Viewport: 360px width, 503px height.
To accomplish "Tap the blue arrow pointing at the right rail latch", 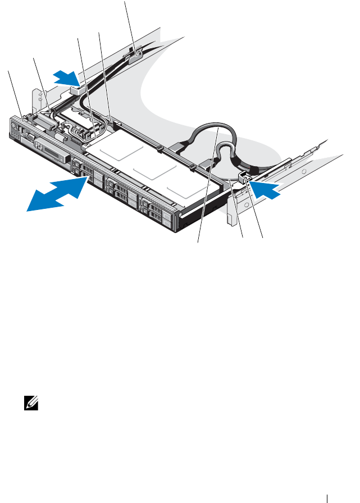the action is coord(267,189).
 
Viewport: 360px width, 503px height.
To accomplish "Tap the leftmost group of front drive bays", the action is coord(86,169).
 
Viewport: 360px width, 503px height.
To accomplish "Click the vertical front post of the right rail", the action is coord(230,217).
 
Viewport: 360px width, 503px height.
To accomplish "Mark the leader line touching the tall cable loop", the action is coord(208,185).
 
